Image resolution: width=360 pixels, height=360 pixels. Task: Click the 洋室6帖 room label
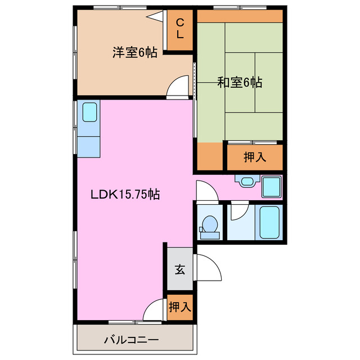[134, 53]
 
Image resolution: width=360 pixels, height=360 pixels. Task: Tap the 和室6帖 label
[240, 82]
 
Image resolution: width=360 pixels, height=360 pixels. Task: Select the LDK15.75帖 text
[125, 195]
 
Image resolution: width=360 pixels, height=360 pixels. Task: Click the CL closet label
[180, 28]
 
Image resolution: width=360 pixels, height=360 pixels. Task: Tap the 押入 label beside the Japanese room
[254, 157]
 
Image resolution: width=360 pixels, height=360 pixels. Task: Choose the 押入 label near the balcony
[180, 307]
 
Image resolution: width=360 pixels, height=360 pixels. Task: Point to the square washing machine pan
[272, 187]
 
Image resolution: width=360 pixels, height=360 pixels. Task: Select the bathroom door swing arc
[238, 211]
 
